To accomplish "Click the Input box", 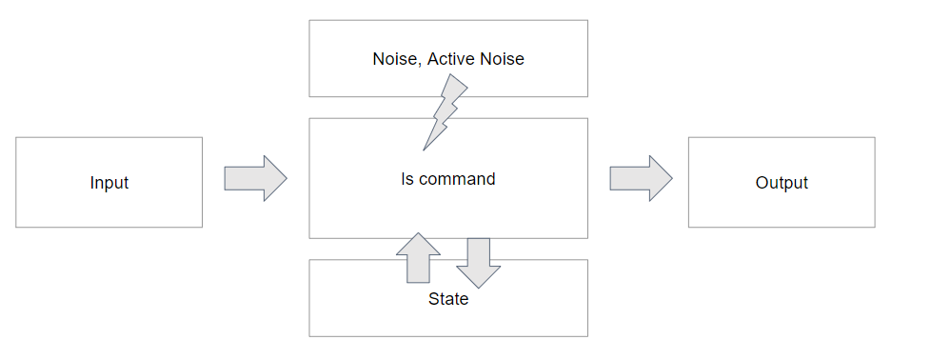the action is [109, 182].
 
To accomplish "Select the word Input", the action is [109, 183].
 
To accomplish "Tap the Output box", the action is [782, 182].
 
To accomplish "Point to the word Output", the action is [782, 182].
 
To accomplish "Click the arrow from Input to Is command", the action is [255, 178].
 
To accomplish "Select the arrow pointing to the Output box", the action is [641, 178].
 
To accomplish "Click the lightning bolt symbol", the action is [445, 111].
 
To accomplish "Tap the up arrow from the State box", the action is [418, 258].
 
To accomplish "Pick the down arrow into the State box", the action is [479, 263].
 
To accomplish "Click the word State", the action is [448, 299].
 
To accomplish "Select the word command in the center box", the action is [457, 179].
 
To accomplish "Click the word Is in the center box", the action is [407, 179].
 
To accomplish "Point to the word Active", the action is [452, 59].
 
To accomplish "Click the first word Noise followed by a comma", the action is [397, 59].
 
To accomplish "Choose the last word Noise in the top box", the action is [503, 59].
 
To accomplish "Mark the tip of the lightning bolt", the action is [424, 150].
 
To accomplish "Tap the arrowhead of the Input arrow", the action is [275, 178].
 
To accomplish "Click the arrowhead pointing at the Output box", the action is [661, 178].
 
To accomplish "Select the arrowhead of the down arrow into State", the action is [479, 277].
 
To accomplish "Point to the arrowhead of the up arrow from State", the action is [418, 244].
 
